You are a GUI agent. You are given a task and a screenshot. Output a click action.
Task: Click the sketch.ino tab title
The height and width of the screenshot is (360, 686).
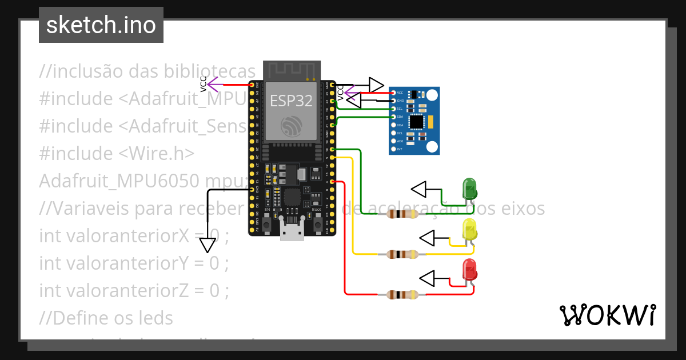click(101, 25)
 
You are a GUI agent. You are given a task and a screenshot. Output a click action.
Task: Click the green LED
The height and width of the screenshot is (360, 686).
click(469, 189)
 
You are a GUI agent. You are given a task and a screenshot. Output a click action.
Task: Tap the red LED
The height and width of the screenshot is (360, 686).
click(469, 270)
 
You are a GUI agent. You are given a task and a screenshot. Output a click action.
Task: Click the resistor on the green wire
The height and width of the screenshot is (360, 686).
click(403, 214)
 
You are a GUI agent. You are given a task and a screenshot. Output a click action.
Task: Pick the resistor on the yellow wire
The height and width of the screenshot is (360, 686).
click(403, 254)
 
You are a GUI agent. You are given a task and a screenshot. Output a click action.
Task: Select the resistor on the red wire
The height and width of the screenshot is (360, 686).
click(403, 295)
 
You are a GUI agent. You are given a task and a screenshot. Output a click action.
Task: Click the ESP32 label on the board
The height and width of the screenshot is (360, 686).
click(292, 101)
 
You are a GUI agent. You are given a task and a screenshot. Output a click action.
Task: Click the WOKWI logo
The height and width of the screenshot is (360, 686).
click(607, 315)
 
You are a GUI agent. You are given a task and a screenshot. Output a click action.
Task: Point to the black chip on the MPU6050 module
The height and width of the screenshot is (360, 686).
click(418, 121)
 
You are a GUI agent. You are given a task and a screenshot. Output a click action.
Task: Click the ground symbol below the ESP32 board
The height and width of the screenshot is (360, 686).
click(208, 245)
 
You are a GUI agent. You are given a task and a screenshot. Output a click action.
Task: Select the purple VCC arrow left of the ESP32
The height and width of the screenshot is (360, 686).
click(214, 85)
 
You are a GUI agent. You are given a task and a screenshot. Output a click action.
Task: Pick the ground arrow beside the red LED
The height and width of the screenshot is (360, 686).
click(428, 278)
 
